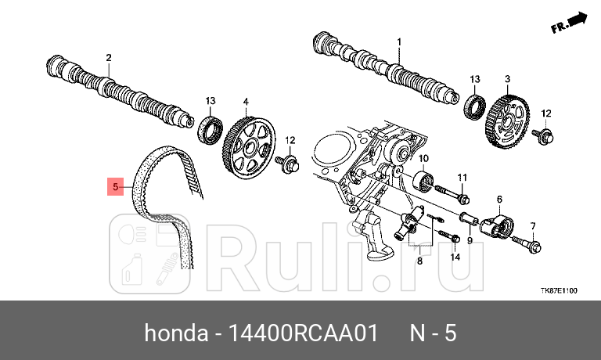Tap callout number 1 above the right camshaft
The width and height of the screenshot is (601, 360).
pyautogui.click(x=398, y=41)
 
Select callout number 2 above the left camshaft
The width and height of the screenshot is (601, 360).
pyautogui.click(x=109, y=57)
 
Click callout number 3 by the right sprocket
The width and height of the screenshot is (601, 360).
pyautogui.click(x=507, y=80)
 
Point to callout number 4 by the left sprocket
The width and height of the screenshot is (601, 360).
pyautogui.click(x=245, y=102)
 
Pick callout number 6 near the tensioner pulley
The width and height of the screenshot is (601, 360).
pyautogui.click(x=498, y=200)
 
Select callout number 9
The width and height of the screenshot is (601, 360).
pyautogui.click(x=469, y=240)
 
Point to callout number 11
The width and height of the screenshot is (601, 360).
pyautogui.click(x=462, y=177)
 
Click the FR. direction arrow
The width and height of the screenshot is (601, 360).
pyautogui.click(x=568, y=23)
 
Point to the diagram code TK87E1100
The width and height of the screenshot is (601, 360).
pyautogui.click(x=559, y=290)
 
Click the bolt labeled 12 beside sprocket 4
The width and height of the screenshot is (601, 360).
pyautogui.click(x=289, y=163)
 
